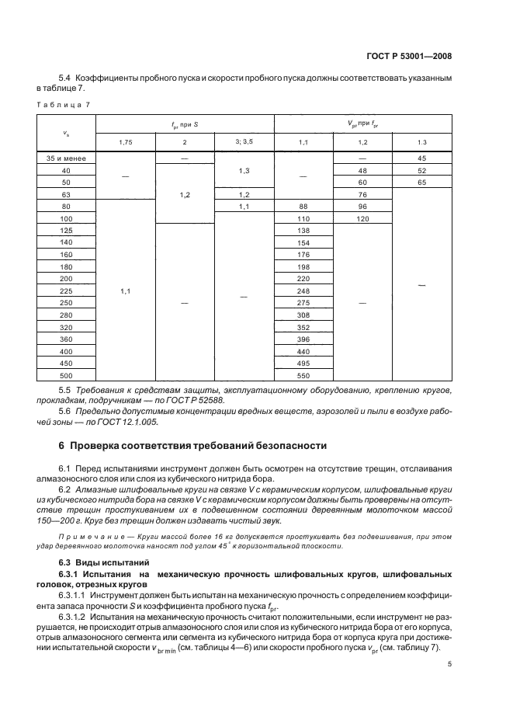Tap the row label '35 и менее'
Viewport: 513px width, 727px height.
(x=66, y=158)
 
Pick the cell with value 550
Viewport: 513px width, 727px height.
(x=303, y=376)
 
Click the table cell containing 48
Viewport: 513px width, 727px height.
(x=362, y=170)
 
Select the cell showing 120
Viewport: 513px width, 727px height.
(x=362, y=218)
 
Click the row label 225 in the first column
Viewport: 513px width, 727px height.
(x=66, y=291)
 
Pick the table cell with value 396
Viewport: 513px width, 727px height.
(x=303, y=339)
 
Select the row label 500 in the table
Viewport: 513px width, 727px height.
(x=66, y=376)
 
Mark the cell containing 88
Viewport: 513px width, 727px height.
(x=303, y=206)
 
